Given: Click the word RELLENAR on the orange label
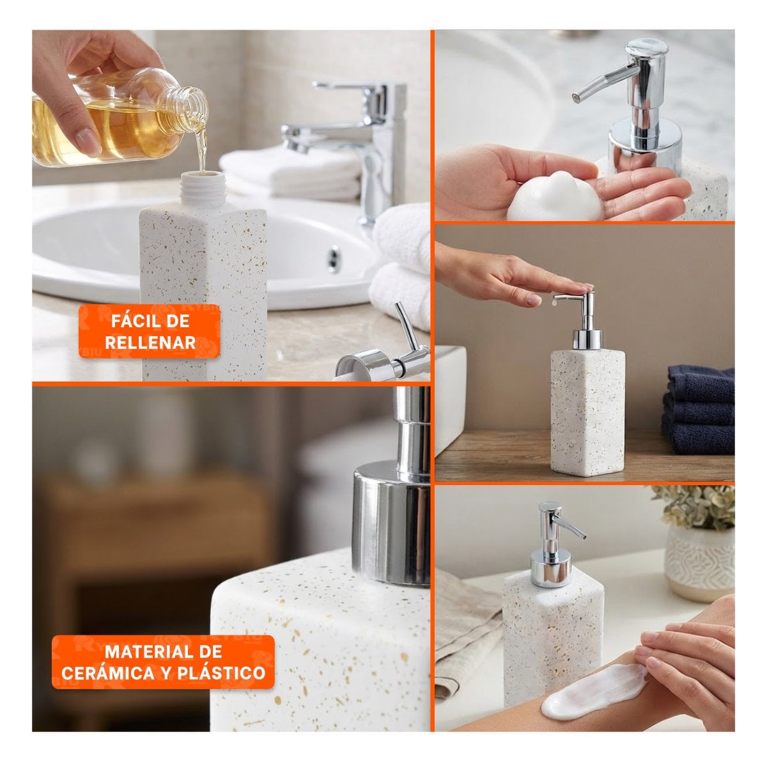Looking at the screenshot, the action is tap(150, 343).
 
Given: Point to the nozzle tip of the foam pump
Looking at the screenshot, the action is tap(575, 97).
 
